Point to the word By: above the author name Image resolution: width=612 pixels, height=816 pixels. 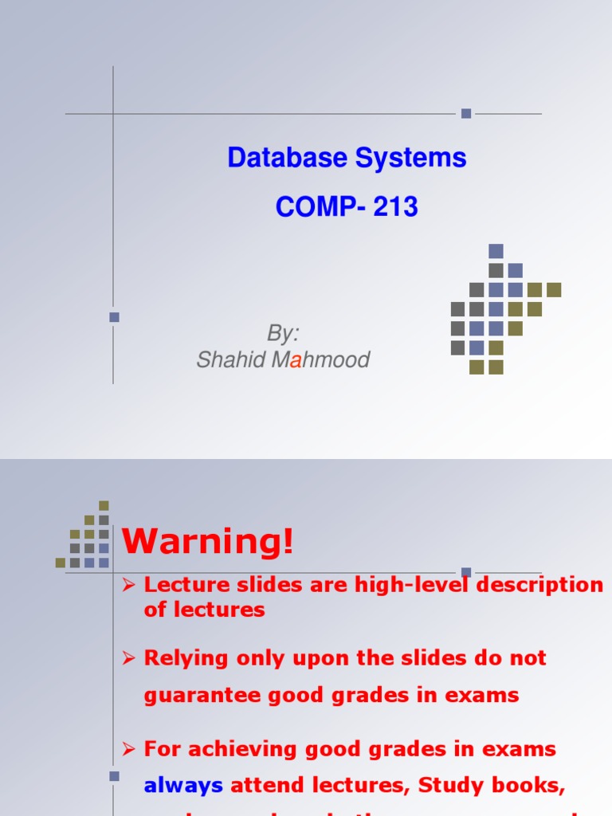[x=283, y=333]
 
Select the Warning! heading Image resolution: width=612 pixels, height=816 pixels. [x=208, y=543]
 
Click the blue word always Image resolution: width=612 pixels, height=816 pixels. [x=183, y=786]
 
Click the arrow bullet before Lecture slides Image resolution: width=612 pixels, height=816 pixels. [x=129, y=586]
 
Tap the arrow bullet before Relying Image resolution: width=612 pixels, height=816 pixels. [x=129, y=659]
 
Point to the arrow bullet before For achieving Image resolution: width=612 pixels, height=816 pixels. [x=129, y=750]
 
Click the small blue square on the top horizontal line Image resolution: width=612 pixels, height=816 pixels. [x=466, y=114]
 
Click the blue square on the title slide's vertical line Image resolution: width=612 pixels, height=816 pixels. [x=114, y=317]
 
